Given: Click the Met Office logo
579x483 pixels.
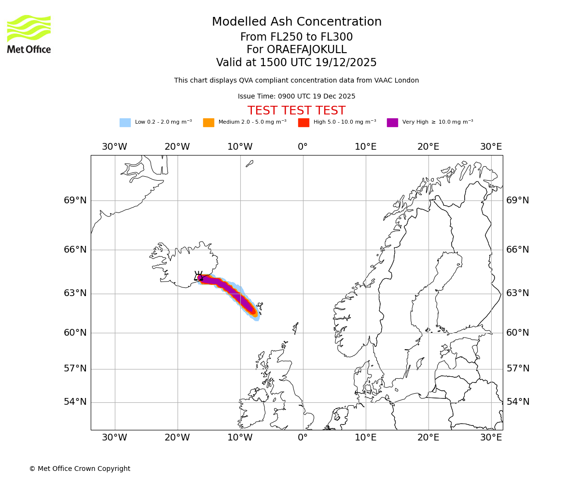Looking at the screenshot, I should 29,34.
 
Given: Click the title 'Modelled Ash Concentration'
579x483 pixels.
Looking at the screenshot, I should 296,22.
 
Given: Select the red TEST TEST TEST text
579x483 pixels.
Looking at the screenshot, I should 296,111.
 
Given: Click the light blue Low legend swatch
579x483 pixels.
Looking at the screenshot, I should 125,123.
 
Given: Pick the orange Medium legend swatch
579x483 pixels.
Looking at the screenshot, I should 208,123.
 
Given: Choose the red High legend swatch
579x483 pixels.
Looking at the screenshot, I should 303,123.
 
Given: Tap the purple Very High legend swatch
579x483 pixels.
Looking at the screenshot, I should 392,123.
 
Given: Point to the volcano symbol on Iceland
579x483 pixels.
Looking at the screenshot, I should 198,276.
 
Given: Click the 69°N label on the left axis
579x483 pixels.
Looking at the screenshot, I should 75,200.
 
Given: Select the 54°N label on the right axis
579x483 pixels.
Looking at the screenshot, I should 517,402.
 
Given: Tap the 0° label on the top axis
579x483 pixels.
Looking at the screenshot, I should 303,147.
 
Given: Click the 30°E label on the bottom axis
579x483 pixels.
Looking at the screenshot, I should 491,438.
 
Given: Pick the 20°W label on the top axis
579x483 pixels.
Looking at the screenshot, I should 177,147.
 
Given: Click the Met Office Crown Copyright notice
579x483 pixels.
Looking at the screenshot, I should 80,469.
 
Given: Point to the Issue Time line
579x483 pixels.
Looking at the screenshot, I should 296,97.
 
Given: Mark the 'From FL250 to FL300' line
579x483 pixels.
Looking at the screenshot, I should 296,37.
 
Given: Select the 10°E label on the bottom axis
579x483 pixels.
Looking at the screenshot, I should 365,438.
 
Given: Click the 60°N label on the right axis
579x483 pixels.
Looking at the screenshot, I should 517,333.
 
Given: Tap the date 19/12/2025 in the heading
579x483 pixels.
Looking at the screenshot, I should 346,63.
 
